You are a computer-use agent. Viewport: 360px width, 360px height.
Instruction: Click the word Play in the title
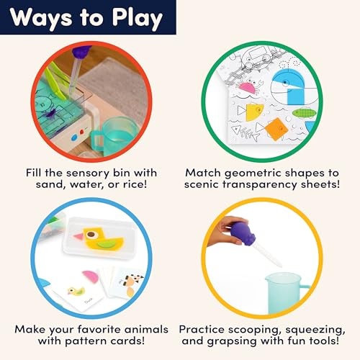click(x=138, y=19)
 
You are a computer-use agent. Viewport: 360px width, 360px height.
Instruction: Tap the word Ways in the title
click(x=41, y=19)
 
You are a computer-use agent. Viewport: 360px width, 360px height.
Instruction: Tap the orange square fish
click(x=276, y=129)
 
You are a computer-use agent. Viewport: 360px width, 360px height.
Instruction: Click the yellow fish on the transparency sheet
click(x=254, y=112)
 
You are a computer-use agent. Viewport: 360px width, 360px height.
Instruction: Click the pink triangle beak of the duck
click(x=78, y=236)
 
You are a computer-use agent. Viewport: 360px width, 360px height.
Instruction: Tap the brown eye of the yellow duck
click(x=91, y=234)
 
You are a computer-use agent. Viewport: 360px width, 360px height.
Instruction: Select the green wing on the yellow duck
click(x=105, y=245)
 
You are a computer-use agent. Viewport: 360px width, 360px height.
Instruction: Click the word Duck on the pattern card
click(x=89, y=301)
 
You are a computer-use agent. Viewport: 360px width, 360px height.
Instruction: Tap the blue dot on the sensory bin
click(x=74, y=138)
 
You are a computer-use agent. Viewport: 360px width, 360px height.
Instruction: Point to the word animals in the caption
click(x=146, y=329)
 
